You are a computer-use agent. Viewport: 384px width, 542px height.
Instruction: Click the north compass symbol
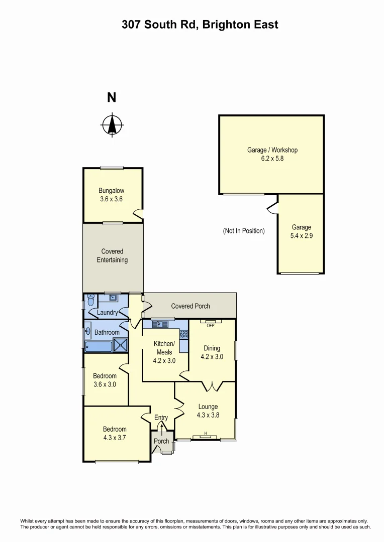112,125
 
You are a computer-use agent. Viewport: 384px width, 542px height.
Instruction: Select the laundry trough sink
114,298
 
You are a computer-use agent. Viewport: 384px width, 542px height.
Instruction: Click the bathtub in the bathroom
99,346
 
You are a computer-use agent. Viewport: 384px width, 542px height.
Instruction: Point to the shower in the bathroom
121,345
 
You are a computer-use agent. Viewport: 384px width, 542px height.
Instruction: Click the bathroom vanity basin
87,332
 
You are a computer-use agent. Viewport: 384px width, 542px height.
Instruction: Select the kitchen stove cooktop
184,333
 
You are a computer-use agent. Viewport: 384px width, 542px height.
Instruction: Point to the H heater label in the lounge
206,434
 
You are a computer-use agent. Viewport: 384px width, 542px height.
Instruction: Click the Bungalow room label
111,191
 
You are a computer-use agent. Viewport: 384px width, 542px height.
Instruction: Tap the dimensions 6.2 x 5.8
272,158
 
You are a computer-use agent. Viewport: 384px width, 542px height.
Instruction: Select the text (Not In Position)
243,231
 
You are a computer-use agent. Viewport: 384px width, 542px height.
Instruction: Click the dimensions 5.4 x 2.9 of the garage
302,235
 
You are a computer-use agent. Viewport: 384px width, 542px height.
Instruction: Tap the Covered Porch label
190,306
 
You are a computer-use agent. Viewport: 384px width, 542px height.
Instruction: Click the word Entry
161,418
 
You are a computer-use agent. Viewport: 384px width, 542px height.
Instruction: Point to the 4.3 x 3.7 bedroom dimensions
115,437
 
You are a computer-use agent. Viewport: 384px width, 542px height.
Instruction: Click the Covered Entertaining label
114,255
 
